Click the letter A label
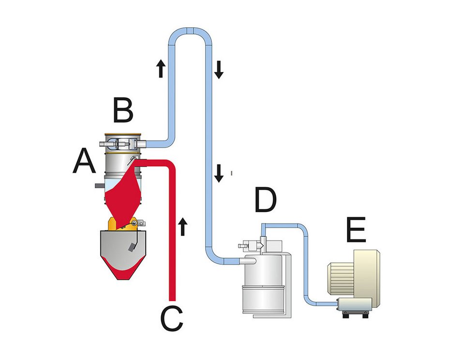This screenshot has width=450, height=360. pyautogui.click(x=84, y=161)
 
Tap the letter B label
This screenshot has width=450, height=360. pyautogui.click(x=123, y=110)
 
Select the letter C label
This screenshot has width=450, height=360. pyautogui.click(x=172, y=319)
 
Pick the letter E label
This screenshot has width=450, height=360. pyautogui.click(x=356, y=229)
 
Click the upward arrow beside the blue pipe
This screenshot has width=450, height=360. pyautogui.click(x=161, y=68)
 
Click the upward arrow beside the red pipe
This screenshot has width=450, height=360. pyautogui.click(x=182, y=226)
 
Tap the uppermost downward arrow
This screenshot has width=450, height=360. pyautogui.click(x=219, y=70)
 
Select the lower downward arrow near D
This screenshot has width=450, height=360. pyautogui.click(x=219, y=173)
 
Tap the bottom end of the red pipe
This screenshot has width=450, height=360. pyautogui.click(x=172, y=300)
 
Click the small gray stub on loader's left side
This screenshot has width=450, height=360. pyautogui.click(x=99, y=186)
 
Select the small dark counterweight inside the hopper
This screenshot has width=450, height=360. pyautogui.click(x=132, y=247)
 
